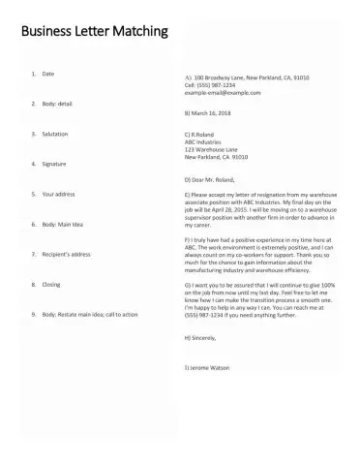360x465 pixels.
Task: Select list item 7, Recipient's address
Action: [x=67, y=254]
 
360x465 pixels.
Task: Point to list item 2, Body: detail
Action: [x=57, y=103]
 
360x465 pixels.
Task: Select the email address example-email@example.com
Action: [x=223, y=92]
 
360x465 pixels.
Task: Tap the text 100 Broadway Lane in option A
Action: [x=221, y=77]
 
